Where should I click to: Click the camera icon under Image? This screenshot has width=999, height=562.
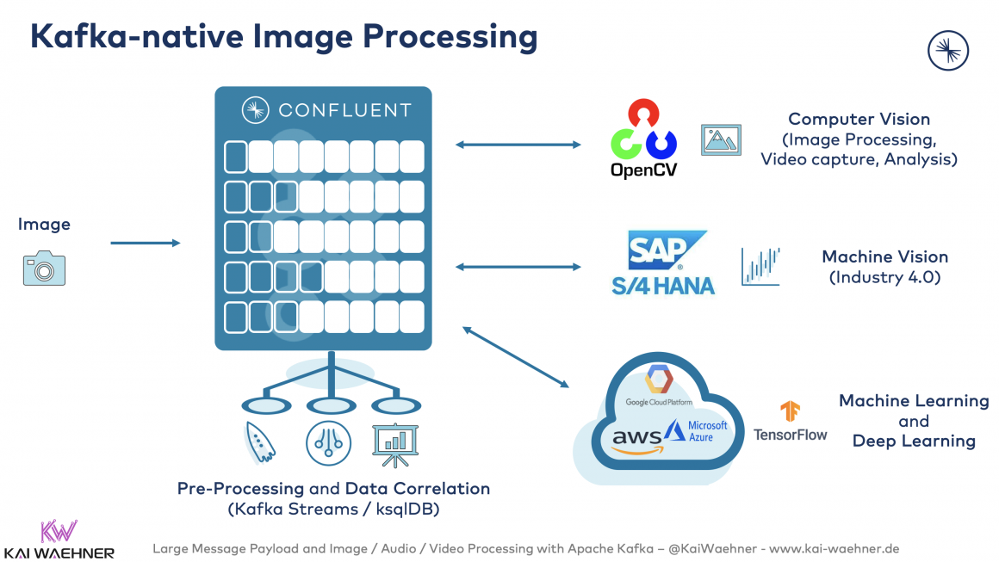[44, 269]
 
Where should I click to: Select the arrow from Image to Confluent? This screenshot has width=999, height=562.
[145, 244]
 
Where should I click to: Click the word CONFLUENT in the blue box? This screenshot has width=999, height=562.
[344, 110]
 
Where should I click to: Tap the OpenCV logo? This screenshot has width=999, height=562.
[643, 139]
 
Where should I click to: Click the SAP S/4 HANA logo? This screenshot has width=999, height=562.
[663, 262]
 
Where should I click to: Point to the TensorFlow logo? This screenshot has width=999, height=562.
[790, 421]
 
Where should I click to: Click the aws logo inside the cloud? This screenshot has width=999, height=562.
[636, 439]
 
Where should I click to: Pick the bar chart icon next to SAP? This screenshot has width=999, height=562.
[760, 266]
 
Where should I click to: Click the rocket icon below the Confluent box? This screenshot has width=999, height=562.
[260, 442]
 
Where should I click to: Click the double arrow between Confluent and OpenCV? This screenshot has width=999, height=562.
[518, 145]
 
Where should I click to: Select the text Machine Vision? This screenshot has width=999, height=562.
[884, 256]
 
